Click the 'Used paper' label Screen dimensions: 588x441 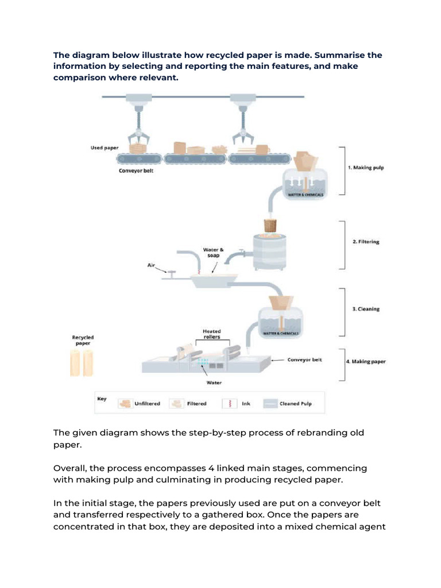[x=105, y=148]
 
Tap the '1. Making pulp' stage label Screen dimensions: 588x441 [x=366, y=168]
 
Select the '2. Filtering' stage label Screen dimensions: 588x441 [x=366, y=242]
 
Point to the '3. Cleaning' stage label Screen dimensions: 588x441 [x=366, y=309]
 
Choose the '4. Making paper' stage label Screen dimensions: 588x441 [x=366, y=362]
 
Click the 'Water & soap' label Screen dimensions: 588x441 [x=214, y=253]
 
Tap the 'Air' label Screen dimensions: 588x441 [x=152, y=265]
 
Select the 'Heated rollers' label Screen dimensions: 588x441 [x=211, y=334]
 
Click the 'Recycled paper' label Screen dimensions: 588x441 [x=83, y=340]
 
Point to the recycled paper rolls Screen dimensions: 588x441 [x=81, y=363]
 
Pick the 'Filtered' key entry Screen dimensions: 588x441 [x=196, y=404]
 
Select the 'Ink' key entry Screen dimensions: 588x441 [x=246, y=404]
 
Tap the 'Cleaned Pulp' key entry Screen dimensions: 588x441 [x=296, y=404]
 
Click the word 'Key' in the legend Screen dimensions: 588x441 [x=102, y=399]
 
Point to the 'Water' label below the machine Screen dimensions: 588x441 [x=214, y=382]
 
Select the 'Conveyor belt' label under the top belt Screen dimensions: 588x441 [x=136, y=171]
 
